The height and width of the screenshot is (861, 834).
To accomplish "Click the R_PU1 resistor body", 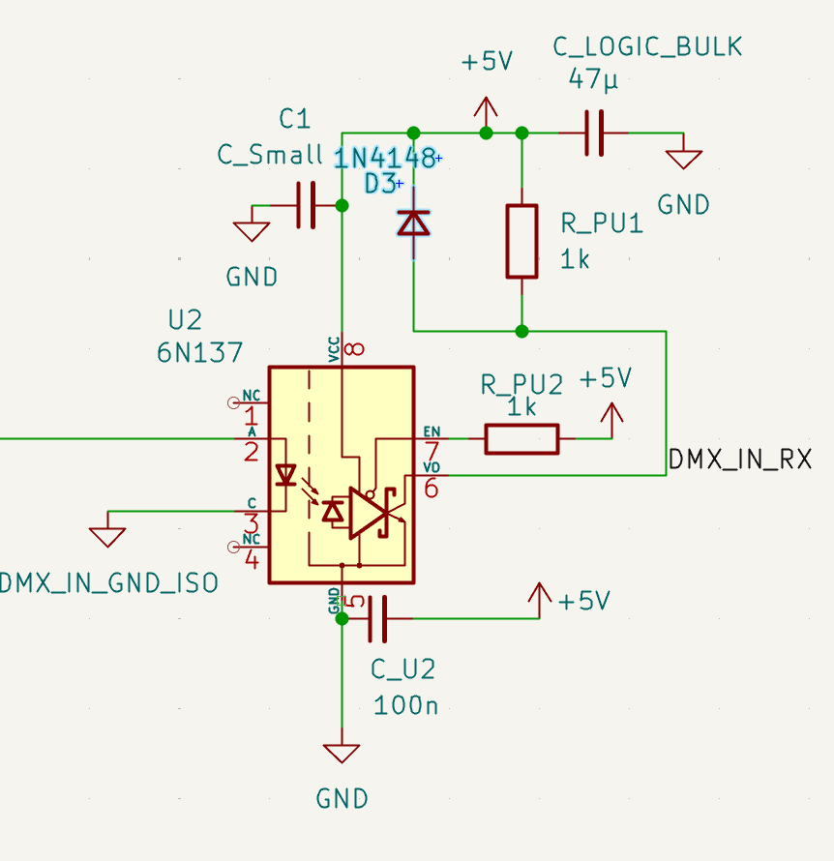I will click(521, 241).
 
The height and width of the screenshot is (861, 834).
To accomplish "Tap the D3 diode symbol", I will click(414, 223).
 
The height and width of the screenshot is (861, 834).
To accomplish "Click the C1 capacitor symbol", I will click(307, 205).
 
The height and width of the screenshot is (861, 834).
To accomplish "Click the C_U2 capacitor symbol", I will click(377, 618).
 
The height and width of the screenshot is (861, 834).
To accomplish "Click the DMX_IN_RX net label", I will click(740, 460).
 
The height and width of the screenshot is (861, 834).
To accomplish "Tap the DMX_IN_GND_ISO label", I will click(108, 583).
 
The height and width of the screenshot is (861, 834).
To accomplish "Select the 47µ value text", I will click(593, 80).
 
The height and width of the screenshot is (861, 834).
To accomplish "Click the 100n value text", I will click(405, 705).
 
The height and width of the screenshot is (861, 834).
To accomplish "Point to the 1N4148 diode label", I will click(385, 159).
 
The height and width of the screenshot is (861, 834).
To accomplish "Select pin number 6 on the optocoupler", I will click(431, 490).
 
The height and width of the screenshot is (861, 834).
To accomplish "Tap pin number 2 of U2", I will click(252, 452).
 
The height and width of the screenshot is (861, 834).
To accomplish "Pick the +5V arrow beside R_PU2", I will click(611, 414).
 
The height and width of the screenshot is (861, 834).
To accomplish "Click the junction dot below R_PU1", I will click(521, 331).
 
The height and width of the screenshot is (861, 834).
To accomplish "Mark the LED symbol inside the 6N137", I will click(285, 475).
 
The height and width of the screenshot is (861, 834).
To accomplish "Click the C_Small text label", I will click(270, 155).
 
